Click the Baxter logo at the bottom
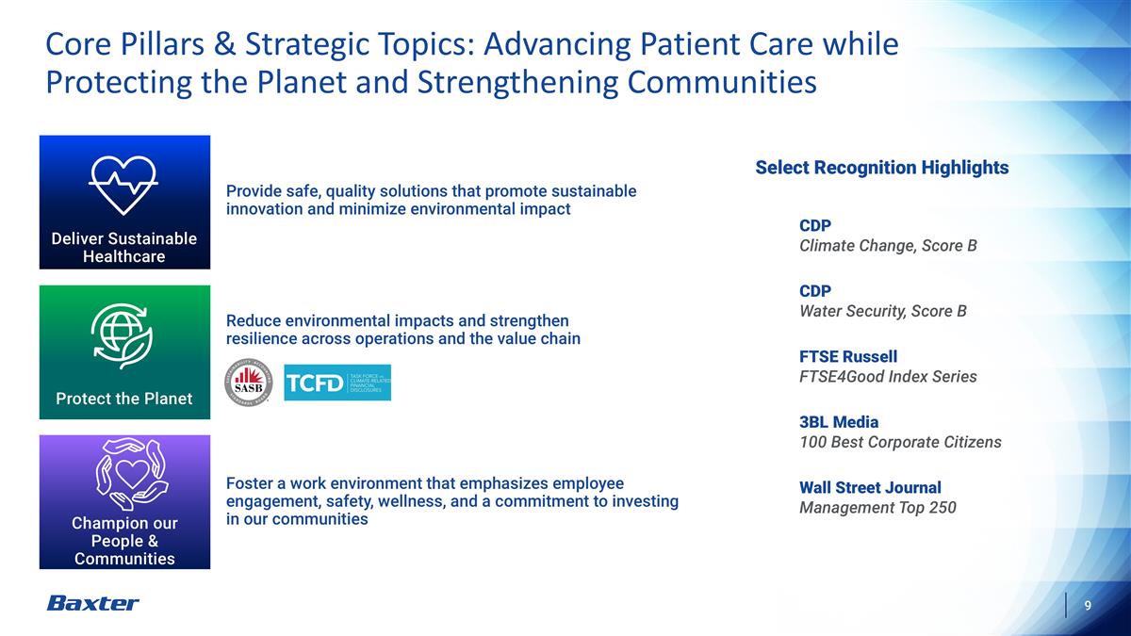92,603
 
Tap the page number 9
1088,605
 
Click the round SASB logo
248,383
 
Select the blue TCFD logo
337,383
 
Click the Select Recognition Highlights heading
881,168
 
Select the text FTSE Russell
847,356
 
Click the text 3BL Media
838,421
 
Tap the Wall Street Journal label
869,487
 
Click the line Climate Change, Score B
887,246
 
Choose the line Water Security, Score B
882,311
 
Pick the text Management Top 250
877,508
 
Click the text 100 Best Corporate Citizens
899,442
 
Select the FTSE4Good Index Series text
887,377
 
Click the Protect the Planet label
123,399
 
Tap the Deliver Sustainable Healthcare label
123,247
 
